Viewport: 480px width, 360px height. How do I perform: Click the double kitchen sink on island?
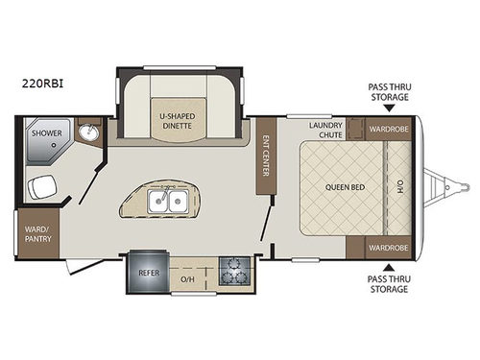[166, 202]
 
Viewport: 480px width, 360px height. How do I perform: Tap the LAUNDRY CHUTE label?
[325, 130]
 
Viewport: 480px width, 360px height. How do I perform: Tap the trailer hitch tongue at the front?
[446, 185]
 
